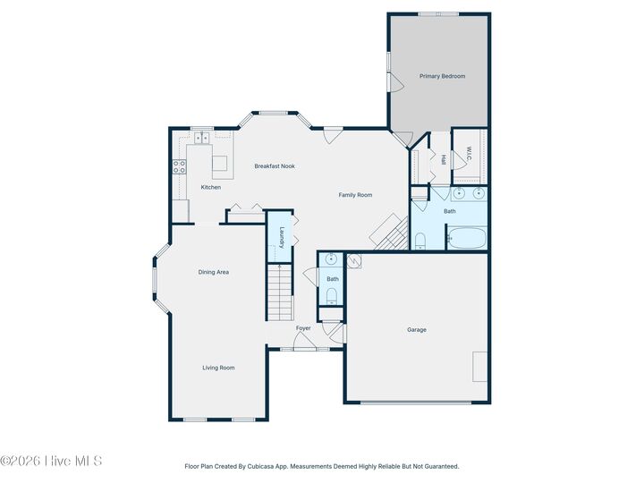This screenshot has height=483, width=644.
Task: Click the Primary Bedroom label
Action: click(x=442, y=76)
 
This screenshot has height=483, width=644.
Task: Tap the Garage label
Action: click(x=417, y=330)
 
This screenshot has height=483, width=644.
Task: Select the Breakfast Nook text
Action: click(x=275, y=166)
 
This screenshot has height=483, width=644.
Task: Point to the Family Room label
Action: click(x=355, y=195)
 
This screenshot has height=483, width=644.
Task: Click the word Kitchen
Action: click(x=210, y=187)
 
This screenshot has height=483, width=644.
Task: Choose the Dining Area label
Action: click(x=214, y=272)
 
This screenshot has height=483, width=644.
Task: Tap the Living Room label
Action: click(x=218, y=368)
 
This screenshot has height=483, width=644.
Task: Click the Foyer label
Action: click(x=303, y=328)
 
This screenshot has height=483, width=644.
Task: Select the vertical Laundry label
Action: click(x=281, y=237)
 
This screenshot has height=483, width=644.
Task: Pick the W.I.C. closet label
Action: click(x=468, y=155)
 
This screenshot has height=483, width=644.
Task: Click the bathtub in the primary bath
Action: click(x=465, y=239)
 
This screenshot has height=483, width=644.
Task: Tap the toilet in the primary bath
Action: click(x=419, y=240)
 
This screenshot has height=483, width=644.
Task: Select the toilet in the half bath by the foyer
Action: click(x=332, y=296)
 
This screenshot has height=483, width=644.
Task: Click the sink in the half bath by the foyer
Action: click(x=332, y=260)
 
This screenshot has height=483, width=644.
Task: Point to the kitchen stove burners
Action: click(x=179, y=165)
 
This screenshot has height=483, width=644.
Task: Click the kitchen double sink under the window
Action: click(x=202, y=139)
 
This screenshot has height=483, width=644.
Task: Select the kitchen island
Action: click(x=219, y=164)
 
